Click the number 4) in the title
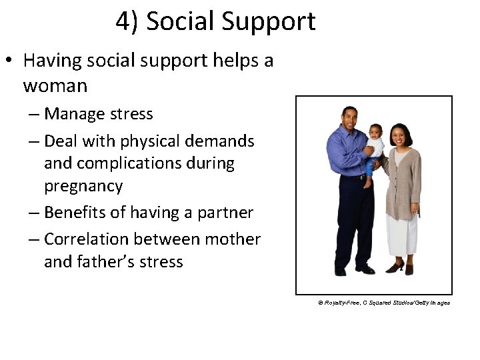click(x=127, y=21)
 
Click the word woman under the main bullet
click(x=55, y=86)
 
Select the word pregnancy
click(x=83, y=186)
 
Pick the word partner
click(x=226, y=213)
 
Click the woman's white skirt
click(x=403, y=233)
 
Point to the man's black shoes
click(x=353, y=269)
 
